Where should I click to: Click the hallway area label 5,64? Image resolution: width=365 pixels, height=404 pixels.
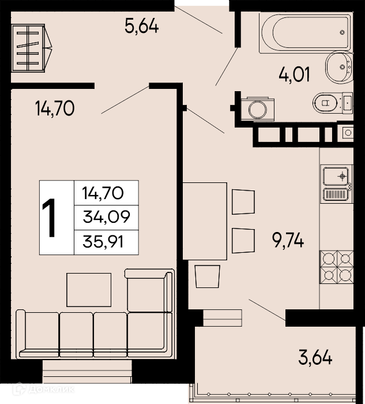coord(142,26)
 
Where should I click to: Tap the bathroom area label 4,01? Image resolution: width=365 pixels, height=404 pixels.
coord(294,74)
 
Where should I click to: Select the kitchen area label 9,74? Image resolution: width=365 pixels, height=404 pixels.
coord(288,240)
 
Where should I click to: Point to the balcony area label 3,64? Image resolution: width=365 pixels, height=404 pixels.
coord(315,357)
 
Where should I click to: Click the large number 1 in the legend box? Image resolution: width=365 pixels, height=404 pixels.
coord(49,218)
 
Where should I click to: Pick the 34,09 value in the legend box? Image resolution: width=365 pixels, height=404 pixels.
coord(106,217)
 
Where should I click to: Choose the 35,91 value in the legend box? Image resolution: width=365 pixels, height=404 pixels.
coord(103,242)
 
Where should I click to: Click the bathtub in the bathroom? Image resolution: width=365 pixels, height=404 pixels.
coord(305,33)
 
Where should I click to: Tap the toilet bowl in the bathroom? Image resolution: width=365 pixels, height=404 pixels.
coord(325,103)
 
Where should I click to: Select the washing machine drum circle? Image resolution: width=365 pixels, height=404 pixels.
coord(257,110)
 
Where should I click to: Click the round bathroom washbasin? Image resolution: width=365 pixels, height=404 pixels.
coord(339,67)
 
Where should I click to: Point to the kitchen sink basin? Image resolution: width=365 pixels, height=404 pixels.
coord(336,176)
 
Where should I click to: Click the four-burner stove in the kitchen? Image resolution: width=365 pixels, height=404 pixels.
coord(336,267)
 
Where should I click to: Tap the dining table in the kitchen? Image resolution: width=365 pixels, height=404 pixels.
coord(205,221)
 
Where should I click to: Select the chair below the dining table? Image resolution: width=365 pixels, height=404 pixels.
coord(208,276)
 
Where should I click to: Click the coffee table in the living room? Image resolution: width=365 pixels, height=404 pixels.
coord(89,290)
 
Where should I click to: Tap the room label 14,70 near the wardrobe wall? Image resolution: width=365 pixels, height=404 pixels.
coord(55,109)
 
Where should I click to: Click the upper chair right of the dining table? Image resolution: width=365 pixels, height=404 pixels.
coord(243,202)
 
